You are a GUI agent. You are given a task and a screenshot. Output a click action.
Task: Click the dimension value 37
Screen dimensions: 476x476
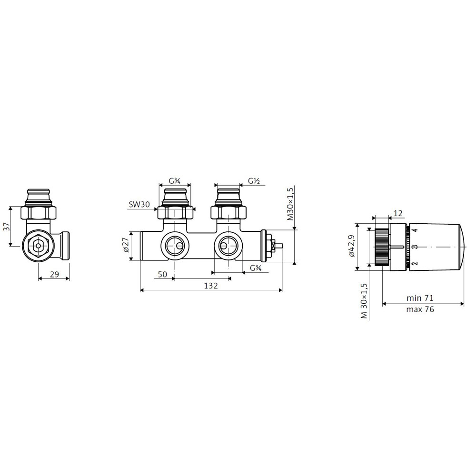6,227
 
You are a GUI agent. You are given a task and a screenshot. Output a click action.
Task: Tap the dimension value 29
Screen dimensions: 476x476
54,275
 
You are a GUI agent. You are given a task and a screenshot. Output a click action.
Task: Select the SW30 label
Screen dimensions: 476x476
139,204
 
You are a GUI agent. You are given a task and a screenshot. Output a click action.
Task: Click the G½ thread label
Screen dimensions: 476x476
254,181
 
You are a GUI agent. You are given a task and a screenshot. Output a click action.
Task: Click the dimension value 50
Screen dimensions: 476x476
163,275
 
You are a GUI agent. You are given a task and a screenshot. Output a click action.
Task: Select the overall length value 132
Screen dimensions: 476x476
211,286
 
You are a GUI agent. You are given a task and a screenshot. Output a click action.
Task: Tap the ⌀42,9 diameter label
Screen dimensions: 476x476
352,246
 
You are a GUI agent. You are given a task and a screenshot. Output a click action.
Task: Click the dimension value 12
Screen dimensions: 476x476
397,213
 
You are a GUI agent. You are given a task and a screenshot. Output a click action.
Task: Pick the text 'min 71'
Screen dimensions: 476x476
420,298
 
